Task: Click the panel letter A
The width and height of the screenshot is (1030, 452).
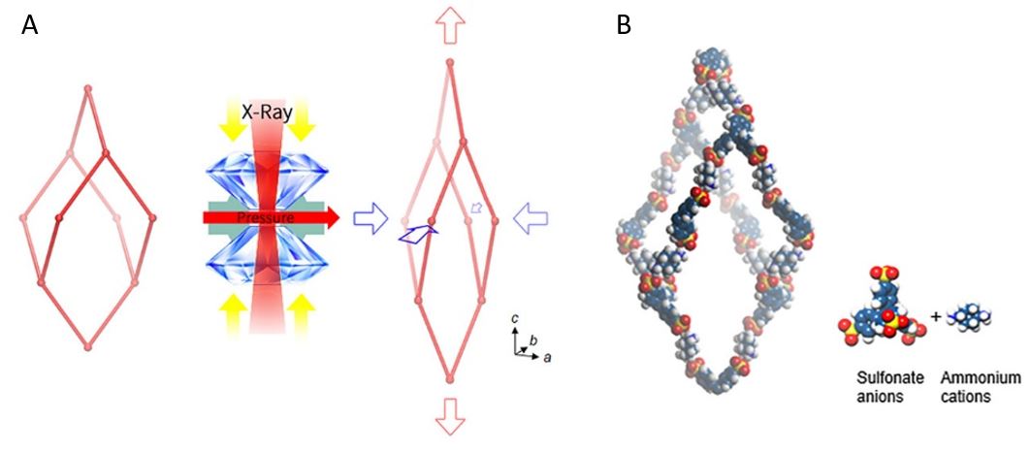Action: (x=30, y=25)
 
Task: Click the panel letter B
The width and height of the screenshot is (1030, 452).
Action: (x=624, y=25)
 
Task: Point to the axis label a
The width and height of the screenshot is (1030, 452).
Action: (x=548, y=358)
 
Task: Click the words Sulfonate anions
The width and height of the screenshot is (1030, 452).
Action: (x=882, y=386)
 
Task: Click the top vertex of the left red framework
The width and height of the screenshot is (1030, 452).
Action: (x=88, y=89)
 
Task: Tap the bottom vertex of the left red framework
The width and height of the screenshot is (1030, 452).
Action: (x=88, y=344)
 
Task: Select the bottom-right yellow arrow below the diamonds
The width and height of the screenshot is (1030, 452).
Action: (x=301, y=309)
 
